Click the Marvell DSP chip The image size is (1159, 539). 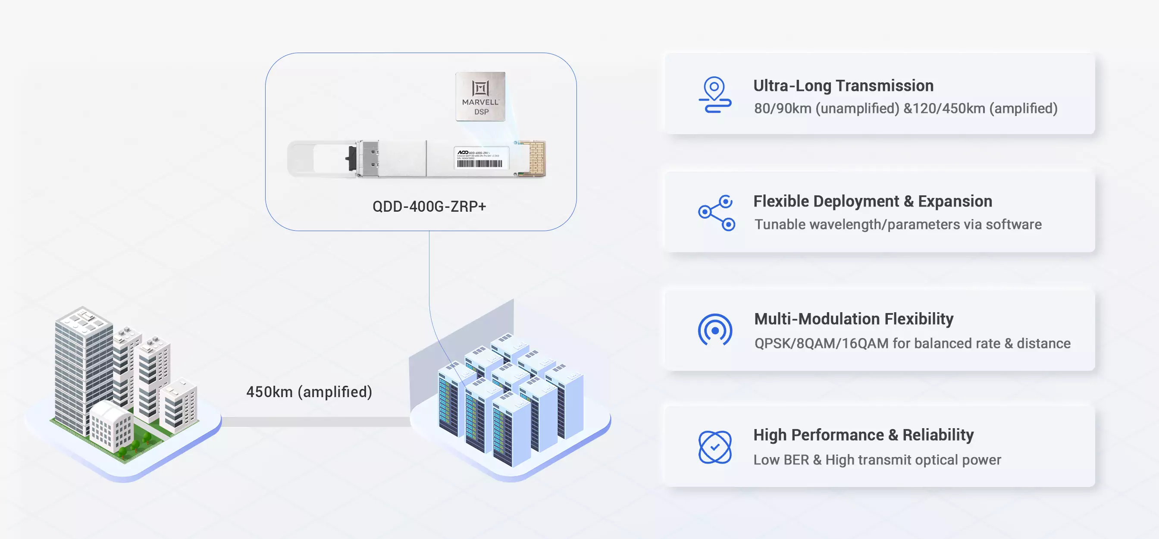point(480,96)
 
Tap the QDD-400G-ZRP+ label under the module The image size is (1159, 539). point(429,207)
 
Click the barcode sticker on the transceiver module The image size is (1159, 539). point(480,158)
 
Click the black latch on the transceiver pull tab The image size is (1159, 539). point(351,158)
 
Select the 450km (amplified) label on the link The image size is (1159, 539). point(309,392)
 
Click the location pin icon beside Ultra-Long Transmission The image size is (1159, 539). point(714,94)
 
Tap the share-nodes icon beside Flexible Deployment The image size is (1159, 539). point(716,212)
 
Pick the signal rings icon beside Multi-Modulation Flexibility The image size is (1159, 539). point(715,330)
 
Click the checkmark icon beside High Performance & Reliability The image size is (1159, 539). point(715,447)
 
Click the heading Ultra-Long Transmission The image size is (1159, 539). point(843,85)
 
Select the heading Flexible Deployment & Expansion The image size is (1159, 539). point(872,201)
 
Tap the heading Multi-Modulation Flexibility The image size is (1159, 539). point(853,319)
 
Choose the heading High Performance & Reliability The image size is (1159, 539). point(863,435)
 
